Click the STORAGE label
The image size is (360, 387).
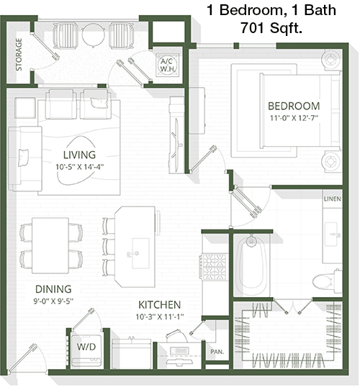tap(19, 55)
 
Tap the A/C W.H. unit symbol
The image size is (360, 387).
tap(168, 65)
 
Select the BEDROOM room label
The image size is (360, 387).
tap(294, 106)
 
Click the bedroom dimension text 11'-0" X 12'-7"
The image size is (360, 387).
tap(294, 118)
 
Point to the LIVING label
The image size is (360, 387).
tap(79, 155)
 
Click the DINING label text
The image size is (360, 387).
tap(53, 289)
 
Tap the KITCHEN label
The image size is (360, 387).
tap(160, 305)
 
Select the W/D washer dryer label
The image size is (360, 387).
tap(86, 347)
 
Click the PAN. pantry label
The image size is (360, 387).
tap(217, 352)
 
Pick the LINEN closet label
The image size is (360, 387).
tap(333, 199)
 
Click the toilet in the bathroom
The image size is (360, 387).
tap(327, 281)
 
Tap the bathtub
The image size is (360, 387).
tap(251, 264)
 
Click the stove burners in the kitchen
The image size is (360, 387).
tap(214, 267)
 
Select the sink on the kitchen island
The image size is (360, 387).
tap(140, 253)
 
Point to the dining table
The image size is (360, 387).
tap(50, 245)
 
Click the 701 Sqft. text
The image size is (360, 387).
tap(271, 28)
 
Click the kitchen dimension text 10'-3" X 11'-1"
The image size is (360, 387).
tap(160, 317)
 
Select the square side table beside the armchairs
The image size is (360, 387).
tap(25, 108)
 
